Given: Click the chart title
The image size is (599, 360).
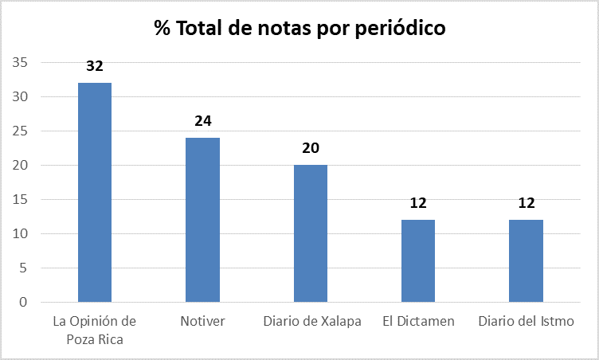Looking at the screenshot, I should (x=299, y=29).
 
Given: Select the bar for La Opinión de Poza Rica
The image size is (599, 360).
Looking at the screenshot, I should (x=95, y=192).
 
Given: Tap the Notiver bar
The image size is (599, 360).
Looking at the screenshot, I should (x=202, y=220).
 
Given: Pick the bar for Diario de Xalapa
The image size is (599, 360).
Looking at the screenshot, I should (x=311, y=233).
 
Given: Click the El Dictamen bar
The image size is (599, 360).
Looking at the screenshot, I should (x=418, y=260).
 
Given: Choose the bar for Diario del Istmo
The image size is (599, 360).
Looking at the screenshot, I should (x=527, y=260).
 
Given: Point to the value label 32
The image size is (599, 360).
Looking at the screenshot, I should (x=95, y=66).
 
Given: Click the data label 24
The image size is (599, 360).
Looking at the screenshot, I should (x=202, y=121).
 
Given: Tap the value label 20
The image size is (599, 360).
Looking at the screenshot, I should (x=311, y=149).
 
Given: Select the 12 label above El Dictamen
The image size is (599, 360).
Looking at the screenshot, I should (x=418, y=203).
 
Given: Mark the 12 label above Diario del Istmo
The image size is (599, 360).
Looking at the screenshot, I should (x=527, y=203).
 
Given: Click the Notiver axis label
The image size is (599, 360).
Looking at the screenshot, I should (x=202, y=322).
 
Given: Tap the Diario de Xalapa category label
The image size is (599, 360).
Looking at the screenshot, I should (x=311, y=322).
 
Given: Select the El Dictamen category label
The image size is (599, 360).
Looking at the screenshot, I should (x=418, y=322).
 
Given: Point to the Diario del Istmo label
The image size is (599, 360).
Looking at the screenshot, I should (x=527, y=322).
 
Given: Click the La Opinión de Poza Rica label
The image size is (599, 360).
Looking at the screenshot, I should (x=95, y=329).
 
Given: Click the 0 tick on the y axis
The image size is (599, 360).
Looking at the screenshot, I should (x=24, y=303).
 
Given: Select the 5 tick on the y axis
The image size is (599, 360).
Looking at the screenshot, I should (x=24, y=268).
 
